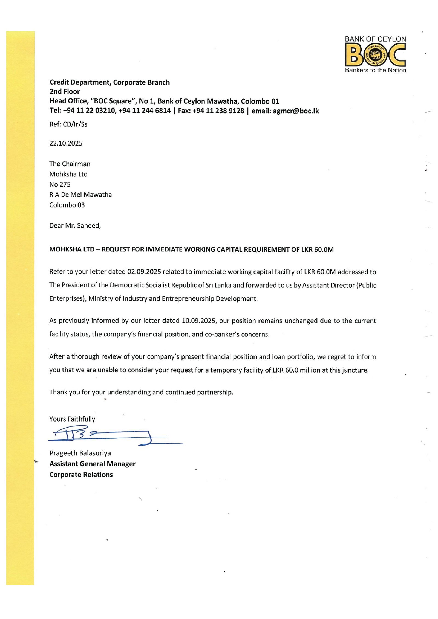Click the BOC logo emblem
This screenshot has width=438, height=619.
click(375, 55)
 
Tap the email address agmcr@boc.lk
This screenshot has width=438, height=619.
click(296, 111)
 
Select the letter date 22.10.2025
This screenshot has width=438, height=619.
click(66, 143)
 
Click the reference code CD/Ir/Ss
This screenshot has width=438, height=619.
click(75, 124)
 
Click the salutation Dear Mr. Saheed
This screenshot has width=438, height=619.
click(75, 226)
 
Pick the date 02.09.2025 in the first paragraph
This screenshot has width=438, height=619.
click(144, 272)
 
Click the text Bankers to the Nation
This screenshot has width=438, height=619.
click(375, 70)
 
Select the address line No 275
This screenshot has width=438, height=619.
click(60, 185)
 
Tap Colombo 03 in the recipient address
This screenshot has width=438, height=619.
click(67, 205)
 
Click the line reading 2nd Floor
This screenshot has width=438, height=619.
click(65, 92)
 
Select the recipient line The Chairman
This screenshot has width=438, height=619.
click(70, 164)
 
